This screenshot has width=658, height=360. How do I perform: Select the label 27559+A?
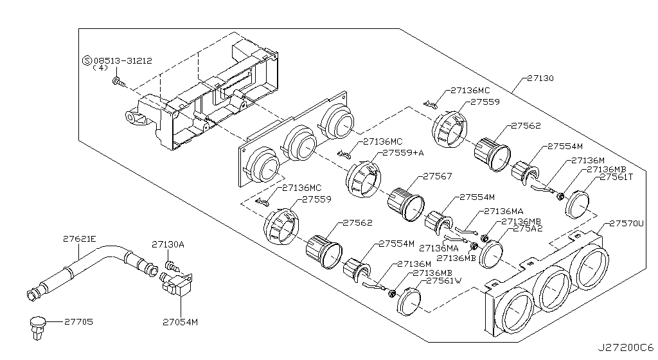[x=403, y=153]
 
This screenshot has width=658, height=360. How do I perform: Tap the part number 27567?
[x=437, y=175]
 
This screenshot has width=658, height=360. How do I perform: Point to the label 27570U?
[x=627, y=223]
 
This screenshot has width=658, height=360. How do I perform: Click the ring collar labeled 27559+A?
[x=362, y=179]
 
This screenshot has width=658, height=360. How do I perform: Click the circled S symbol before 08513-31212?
[x=87, y=60]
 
